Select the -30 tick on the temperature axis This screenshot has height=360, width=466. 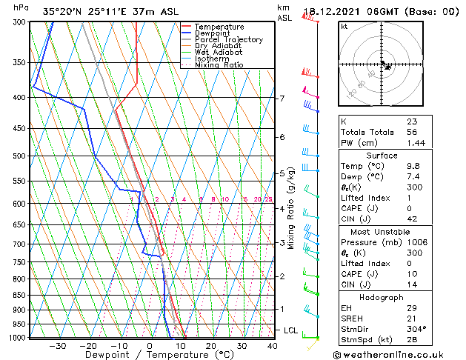pos(57,345)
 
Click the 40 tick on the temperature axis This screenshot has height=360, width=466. pos(273,345)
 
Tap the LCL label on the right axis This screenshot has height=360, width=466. pos(291,330)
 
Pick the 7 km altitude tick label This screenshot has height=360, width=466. pos(282,99)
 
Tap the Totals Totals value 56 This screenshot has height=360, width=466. pos(412,131)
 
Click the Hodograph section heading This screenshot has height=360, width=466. pos(382,297)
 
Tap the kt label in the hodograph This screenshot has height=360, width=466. pos(344,27)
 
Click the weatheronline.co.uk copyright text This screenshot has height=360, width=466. pos(393,355)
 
